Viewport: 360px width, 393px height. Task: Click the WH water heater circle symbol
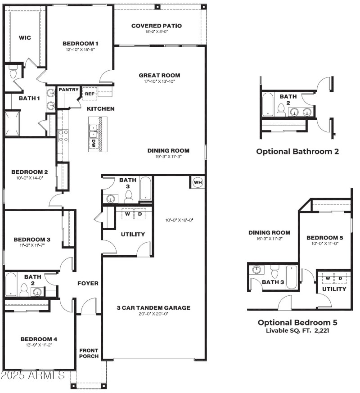coord(198,182)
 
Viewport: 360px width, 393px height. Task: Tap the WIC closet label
coord(25,38)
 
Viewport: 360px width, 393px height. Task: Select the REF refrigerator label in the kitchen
coord(89,94)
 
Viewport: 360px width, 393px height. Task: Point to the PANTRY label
coord(68,90)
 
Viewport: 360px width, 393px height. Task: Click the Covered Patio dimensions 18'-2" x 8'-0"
coord(156,32)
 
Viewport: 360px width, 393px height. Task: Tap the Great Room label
coord(159,75)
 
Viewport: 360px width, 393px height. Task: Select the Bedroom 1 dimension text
coord(81,49)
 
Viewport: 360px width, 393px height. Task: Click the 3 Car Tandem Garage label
coord(153,308)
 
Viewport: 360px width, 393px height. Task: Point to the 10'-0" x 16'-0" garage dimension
coord(180,220)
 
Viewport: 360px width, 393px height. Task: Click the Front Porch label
coord(89,353)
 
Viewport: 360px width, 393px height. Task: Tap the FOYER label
coord(88,283)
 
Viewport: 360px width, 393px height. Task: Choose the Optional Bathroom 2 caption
coord(297,151)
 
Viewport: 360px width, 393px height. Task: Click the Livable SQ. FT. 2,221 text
coord(297,331)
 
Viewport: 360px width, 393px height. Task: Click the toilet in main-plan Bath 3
coord(129,195)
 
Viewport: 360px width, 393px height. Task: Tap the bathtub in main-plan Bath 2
coord(11,285)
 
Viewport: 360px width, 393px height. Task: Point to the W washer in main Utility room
coord(127,214)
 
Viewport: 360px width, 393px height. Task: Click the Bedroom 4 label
coord(38,339)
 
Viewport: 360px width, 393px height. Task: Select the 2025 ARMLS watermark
coord(33,375)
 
